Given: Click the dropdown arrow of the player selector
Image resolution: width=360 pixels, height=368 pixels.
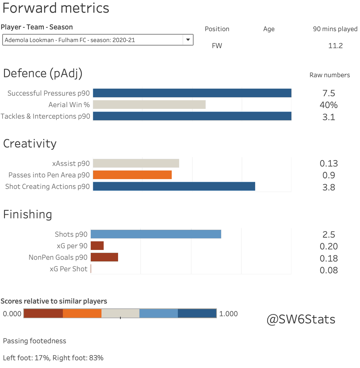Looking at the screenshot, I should coord(188,40).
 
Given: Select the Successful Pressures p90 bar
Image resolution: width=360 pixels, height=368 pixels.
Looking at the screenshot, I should coord(192,93).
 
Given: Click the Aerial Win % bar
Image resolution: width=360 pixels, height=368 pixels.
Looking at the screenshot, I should coord(149,105).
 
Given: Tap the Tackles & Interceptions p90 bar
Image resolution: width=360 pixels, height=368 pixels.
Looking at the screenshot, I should coord(192,116).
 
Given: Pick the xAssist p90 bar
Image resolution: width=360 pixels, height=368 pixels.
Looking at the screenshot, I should coord(136,163).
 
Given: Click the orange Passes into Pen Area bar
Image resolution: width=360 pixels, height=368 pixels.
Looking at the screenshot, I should coord(132,175).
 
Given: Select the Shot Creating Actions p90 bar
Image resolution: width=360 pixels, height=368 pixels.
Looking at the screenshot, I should coord(174,186).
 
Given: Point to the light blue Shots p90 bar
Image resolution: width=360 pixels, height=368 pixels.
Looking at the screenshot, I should coord(156,234).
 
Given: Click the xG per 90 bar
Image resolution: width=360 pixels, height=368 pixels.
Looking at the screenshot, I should coord(97,246).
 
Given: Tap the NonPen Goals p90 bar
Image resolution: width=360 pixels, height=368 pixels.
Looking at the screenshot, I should coord(104,257).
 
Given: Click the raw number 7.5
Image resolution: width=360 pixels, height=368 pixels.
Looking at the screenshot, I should coord(329,93).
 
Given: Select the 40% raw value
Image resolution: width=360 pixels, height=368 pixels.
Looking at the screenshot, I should coord(329,105).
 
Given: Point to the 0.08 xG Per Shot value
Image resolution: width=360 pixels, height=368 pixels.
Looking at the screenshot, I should coord(329,270).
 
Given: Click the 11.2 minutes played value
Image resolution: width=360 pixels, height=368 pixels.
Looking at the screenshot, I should coord(335,46).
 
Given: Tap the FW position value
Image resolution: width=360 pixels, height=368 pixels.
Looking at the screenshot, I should coord(217,46).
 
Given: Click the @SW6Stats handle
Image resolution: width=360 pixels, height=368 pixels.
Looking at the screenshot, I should coord(301,319).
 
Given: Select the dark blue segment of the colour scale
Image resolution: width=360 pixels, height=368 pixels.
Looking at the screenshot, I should coord(197,313).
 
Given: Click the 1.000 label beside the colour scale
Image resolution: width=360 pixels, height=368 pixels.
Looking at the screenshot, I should coord(228,314).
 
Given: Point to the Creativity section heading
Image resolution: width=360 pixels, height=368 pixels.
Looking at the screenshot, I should coord(30,144).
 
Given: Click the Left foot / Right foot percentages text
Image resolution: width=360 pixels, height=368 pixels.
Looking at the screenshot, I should coord(53,358).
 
